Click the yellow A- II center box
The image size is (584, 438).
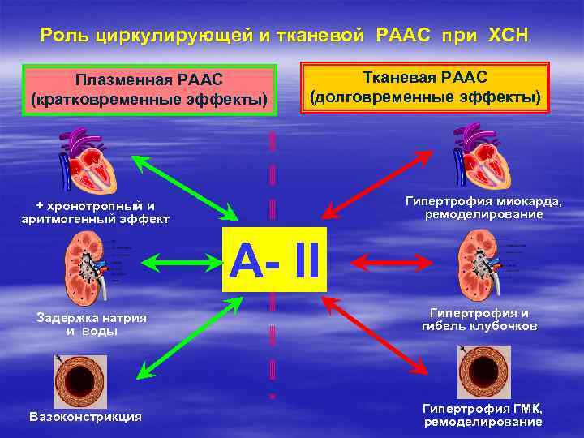274,260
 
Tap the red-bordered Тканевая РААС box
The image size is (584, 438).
425,87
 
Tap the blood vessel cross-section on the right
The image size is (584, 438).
483,371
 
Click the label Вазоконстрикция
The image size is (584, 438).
85,417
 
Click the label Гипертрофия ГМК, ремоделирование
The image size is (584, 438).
482,415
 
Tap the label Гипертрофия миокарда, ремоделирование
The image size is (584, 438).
483,208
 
